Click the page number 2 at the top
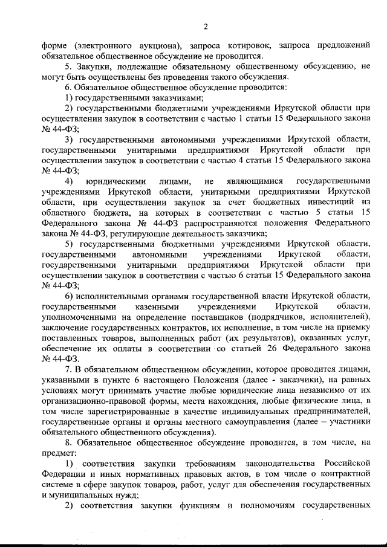(x=206, y=26)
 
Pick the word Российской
(x=348, y=463)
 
